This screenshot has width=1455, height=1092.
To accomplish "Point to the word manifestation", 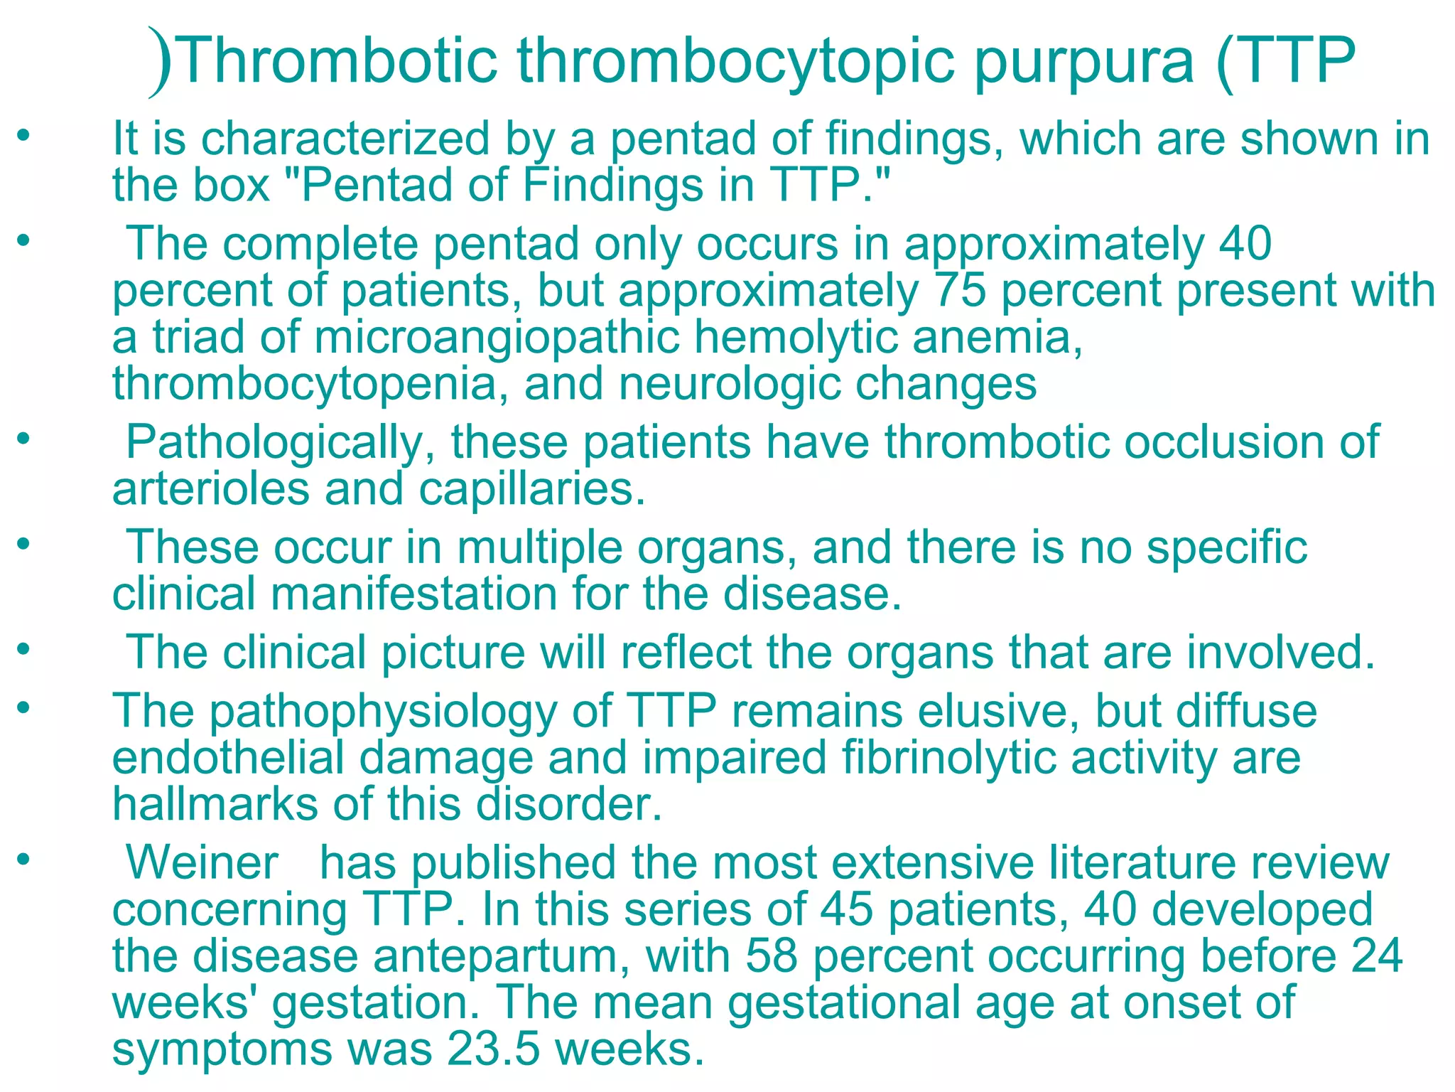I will [414, 594].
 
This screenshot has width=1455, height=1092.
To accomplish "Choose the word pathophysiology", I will [384, 712].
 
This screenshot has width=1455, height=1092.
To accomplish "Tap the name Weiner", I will [202, 863].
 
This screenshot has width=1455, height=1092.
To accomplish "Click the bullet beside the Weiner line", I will [24, 860].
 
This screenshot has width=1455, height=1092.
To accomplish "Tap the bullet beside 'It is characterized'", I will [24, 134].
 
